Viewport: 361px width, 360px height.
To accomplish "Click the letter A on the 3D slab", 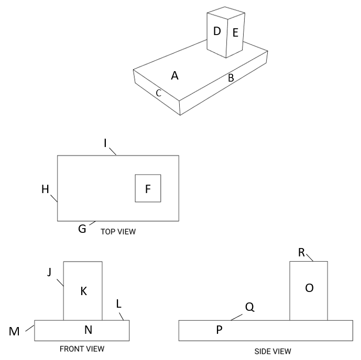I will [x=175, y=76].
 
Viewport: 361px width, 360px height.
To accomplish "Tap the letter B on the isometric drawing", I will [x=230, y=78].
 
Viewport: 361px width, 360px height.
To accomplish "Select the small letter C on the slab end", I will [x=158, y=94].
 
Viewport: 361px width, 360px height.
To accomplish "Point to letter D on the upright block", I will [x=217, y=31].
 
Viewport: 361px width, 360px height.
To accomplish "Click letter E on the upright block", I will [x=235, y=33].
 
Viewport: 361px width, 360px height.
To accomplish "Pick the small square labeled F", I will [x=148, y=189].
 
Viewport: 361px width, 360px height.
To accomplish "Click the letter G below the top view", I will [x=82, y=229].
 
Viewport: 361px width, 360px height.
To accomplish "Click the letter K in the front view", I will [x=83, y=291].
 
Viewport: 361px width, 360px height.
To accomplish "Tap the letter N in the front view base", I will [x=89, y=329].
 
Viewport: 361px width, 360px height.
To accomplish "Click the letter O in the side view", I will [x=309, y=288].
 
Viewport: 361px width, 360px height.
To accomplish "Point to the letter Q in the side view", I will [x=249, y=308].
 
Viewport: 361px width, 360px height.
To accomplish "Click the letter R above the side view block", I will [x=302, y=253].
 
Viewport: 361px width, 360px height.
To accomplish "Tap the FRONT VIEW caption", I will [x=82, y=348].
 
